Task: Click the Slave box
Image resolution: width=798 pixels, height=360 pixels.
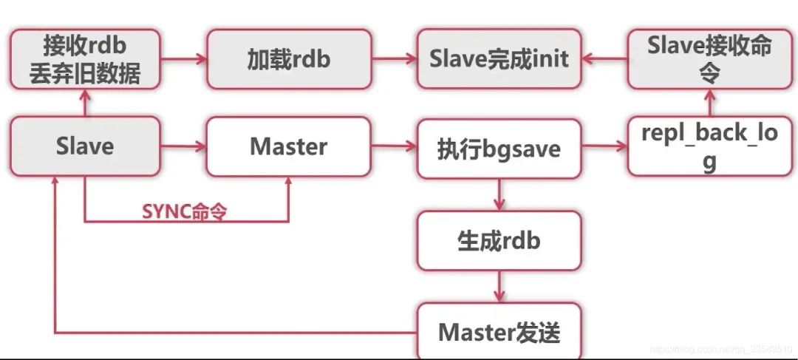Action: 85,146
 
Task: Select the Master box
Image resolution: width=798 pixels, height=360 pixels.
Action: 288,146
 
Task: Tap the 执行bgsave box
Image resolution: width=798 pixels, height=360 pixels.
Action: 499,149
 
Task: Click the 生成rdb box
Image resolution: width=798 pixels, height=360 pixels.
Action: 499,240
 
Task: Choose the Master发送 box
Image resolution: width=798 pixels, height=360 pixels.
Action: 499,332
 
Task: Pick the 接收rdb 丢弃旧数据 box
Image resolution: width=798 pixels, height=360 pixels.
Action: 85,59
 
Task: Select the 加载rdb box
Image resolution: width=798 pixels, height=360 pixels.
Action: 288,59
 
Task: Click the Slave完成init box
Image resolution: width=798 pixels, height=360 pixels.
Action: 499,59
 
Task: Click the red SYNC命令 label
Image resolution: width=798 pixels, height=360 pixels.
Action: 184,211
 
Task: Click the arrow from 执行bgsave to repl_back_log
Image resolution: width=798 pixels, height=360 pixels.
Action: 604,147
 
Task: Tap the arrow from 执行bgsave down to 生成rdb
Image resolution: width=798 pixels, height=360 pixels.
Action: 500,194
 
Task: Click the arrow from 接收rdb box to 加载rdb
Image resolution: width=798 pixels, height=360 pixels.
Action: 183,59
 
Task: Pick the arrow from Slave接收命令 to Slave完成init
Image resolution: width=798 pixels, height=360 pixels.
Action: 604,59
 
